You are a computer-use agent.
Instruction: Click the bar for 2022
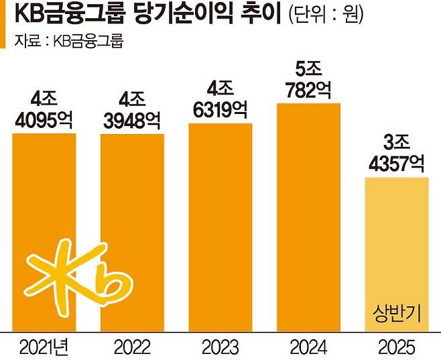pos(132,231)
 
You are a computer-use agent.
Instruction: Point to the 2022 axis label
pos(132,347)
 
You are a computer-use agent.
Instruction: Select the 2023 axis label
pos(220,347)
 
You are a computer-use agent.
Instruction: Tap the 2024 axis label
pos(308,347)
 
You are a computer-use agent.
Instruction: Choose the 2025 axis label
pos(396,347)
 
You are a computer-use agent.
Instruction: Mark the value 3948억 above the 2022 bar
pos(132,121)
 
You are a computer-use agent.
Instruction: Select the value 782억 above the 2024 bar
pos(308,90)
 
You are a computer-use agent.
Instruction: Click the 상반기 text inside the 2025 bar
pos(396,313)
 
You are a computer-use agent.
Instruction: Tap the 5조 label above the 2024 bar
pos(308,69)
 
